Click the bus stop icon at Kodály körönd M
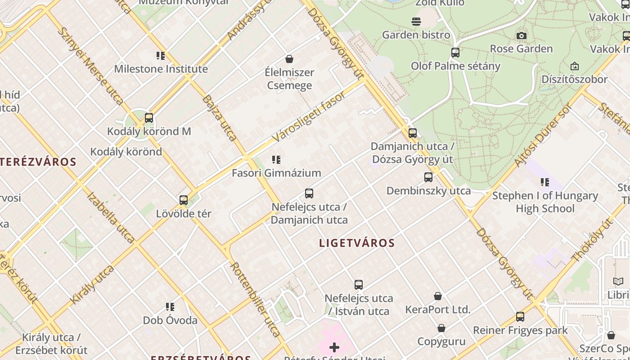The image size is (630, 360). point(149,118)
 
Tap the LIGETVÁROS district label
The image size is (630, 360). point(357,243)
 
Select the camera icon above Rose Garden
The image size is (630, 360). point(522,36)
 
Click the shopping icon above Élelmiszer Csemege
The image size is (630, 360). point(289,59)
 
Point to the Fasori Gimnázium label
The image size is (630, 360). point(276,173)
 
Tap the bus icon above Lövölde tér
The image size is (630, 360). point(184,200)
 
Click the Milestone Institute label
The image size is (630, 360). point(161,69)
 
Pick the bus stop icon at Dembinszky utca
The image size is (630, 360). point(428,177)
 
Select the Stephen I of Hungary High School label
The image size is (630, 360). point(545,202)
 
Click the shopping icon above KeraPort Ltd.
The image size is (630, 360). point(438,296)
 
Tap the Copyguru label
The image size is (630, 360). point(441,341)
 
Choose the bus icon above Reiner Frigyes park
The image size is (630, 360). point(520,317)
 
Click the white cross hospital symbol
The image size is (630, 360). point(334,347)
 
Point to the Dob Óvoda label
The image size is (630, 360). point(170,320)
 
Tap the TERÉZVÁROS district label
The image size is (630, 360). point(38,162)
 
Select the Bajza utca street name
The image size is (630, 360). point(219,118)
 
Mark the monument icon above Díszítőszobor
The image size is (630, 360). point(575,67)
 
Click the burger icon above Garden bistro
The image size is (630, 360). point(416,22)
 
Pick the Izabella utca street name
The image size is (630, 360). point(110,217)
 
